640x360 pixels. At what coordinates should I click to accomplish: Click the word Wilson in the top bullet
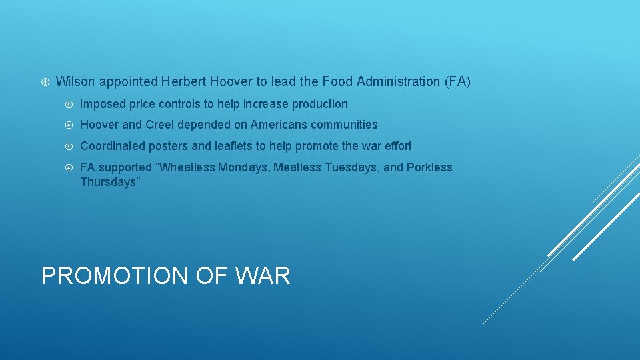[75, 82]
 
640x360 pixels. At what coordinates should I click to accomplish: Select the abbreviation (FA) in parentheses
[457, 82]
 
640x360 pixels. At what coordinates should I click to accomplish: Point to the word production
[319, 104]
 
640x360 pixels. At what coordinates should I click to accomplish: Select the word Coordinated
[112, 146]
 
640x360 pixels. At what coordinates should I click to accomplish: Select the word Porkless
[429, 167]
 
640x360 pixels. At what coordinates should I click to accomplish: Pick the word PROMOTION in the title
[115, 275]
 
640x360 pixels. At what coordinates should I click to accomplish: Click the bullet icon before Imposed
[69, 105]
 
